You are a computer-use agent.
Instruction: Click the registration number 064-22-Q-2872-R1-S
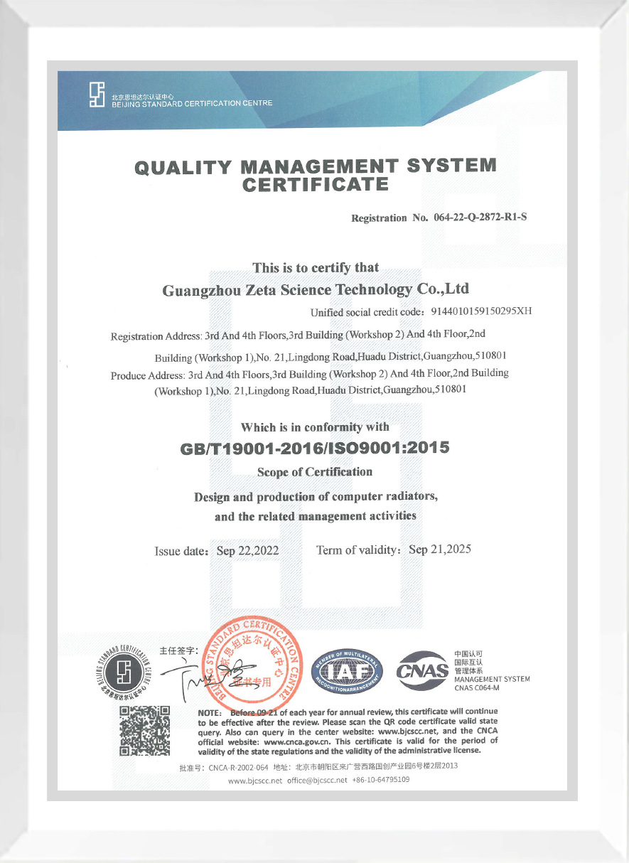tap(480, 217)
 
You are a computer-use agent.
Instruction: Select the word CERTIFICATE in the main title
tap(316, 186)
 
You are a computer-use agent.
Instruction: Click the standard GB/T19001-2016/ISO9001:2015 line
tap(316, 449)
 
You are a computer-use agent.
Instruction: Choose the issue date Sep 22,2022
tap(247, 551)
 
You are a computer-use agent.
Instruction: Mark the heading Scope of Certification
tap(315, 472)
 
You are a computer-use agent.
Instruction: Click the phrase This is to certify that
tap(316, 268)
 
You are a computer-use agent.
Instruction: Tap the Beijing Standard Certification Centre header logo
tap(97, 94)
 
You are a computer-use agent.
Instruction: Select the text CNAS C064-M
tap(477, 688)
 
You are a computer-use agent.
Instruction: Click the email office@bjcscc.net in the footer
tap(317, 780)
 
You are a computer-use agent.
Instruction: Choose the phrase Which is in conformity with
tap(315, 427)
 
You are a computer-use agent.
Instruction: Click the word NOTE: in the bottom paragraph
tap(210, 712)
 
